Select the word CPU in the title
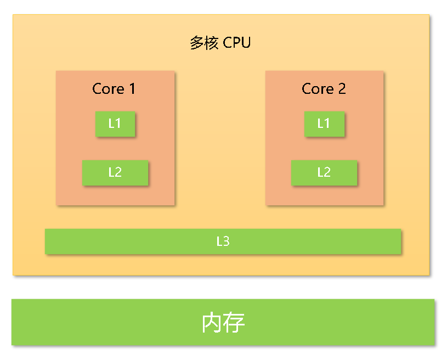[237, 43]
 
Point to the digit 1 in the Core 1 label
[132, 89]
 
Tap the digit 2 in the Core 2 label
[342, 89]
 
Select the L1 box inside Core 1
[115, 124]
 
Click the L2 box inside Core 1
[115, 172]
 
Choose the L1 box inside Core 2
[324, 124]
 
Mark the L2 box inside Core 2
[324, 172]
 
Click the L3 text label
[223, 241]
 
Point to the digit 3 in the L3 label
[226, 241]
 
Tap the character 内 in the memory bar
[212, 323]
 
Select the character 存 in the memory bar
[234, 323]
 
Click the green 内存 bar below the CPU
[110, 323]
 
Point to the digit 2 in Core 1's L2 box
[118, 172]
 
